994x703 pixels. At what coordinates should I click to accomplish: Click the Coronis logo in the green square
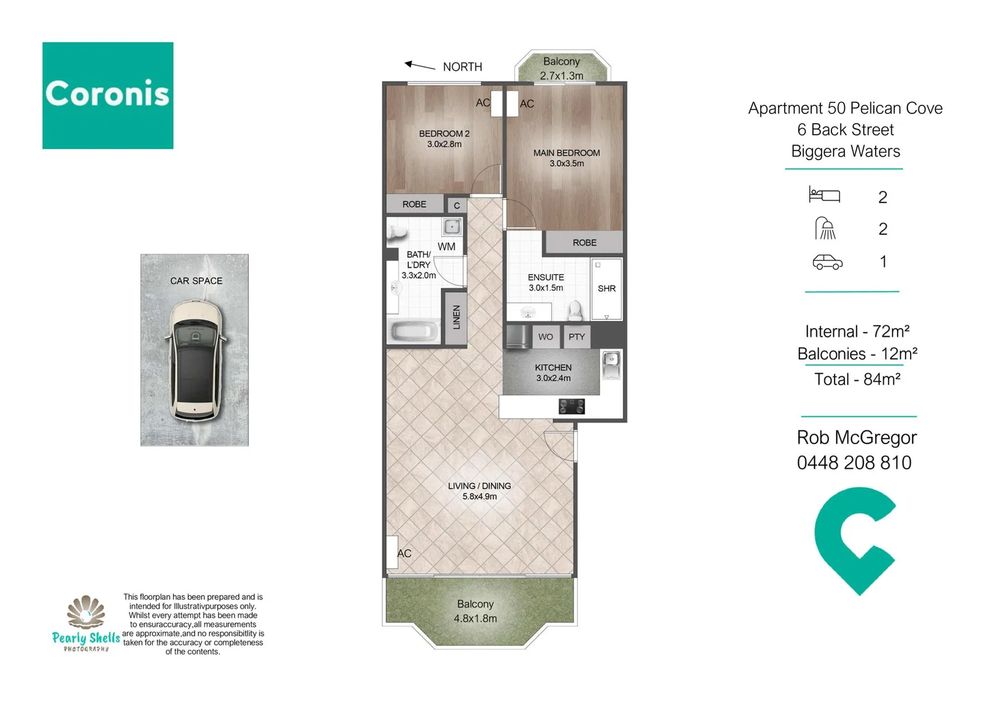pyautogui.click(x=107, y=95)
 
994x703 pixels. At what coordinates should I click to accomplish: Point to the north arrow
pyautogui.click(x=420, y=65)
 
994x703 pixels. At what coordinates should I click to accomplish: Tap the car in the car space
pyautogui.click(x=195, y=359)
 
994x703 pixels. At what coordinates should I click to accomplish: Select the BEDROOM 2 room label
pyautogui.click(x=444, y=133)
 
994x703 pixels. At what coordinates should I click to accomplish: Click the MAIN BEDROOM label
pyautogui.click(x=566, y=153)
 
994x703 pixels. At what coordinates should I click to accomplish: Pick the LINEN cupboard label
pyautogui.click(x=456, y=317)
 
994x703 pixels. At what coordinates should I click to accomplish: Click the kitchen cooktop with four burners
pyautogui.click(x=571, y=407)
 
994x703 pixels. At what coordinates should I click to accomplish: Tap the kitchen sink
pyautogui.click(x=611, y=365)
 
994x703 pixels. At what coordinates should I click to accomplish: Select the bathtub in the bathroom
pyautogui.click(x=414, y=331)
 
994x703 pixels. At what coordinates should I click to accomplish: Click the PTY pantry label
pyautogui.click(x=576, y=337)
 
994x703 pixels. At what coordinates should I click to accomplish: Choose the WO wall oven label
pyautogui.click(x=545, y=337)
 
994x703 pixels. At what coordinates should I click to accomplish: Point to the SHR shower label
pyautogui.click(x=606, y=288)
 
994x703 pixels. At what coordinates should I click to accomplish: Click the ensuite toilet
pyautogui.click(x=575, y=310)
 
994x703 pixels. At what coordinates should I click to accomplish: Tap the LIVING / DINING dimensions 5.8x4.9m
pyautogui.click(x=479, y=497)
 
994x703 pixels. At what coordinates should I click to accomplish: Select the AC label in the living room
pyautogui.click(x=405, y=553)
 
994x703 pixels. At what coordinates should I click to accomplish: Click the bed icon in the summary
pyautogui.click(x=824, y=195)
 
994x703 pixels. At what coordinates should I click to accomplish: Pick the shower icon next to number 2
pyautogui.click(x=825, y=228)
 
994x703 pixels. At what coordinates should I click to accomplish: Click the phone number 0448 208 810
pyautogui.click(x=853, y=463)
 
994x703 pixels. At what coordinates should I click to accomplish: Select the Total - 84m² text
pyautogui.click(x=857, y=379)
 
